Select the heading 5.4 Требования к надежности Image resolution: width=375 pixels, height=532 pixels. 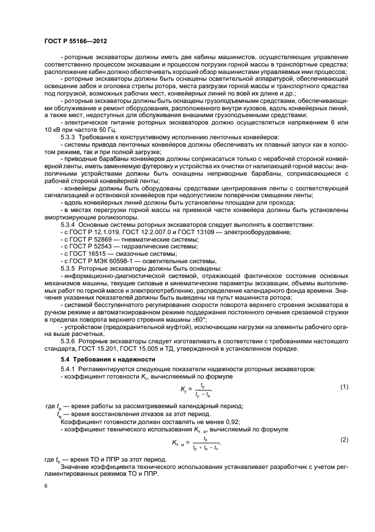(x=108, y=360)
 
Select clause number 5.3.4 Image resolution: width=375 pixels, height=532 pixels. (x=70, y=225)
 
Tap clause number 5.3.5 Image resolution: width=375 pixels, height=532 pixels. (x=70, y=267)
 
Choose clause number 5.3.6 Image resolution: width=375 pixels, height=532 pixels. (x=70, y=340)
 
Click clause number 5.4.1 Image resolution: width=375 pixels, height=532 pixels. (x=70, y=369)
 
